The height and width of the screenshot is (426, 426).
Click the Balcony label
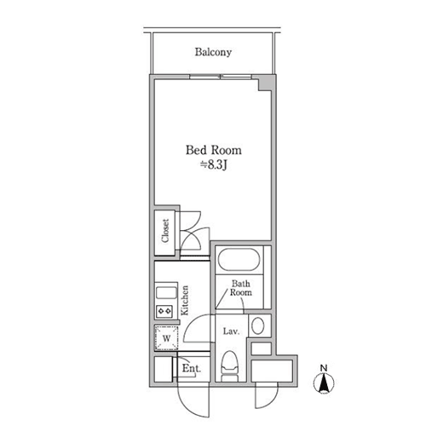(x=213, y=52)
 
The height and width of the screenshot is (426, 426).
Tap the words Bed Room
(x=214, y=150)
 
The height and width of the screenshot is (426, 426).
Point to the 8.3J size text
(x=214, y=165)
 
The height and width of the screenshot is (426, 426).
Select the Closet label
(x=165, y=231)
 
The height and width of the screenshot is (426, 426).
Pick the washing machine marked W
(x=167, y=338)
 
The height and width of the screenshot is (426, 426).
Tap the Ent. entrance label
(x=192, y=368)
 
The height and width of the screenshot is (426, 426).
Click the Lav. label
(x=231, y=331)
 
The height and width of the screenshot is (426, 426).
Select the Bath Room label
(x=241, y=288)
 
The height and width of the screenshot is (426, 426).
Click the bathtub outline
(x=239, y=260)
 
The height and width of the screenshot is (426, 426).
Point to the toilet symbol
(x=230, y=366)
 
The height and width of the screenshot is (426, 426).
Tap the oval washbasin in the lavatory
(x=258, y=326)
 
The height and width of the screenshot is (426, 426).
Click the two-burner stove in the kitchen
(x=164, y=311)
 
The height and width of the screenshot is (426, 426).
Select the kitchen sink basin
(x=166, y=293)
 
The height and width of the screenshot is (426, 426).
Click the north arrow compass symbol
(x=324, y=383)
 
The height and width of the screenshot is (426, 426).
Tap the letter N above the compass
(x=324, y=368)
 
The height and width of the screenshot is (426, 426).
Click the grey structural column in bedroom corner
(x=265, y=83)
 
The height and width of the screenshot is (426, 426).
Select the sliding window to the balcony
(x=221, y=77)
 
